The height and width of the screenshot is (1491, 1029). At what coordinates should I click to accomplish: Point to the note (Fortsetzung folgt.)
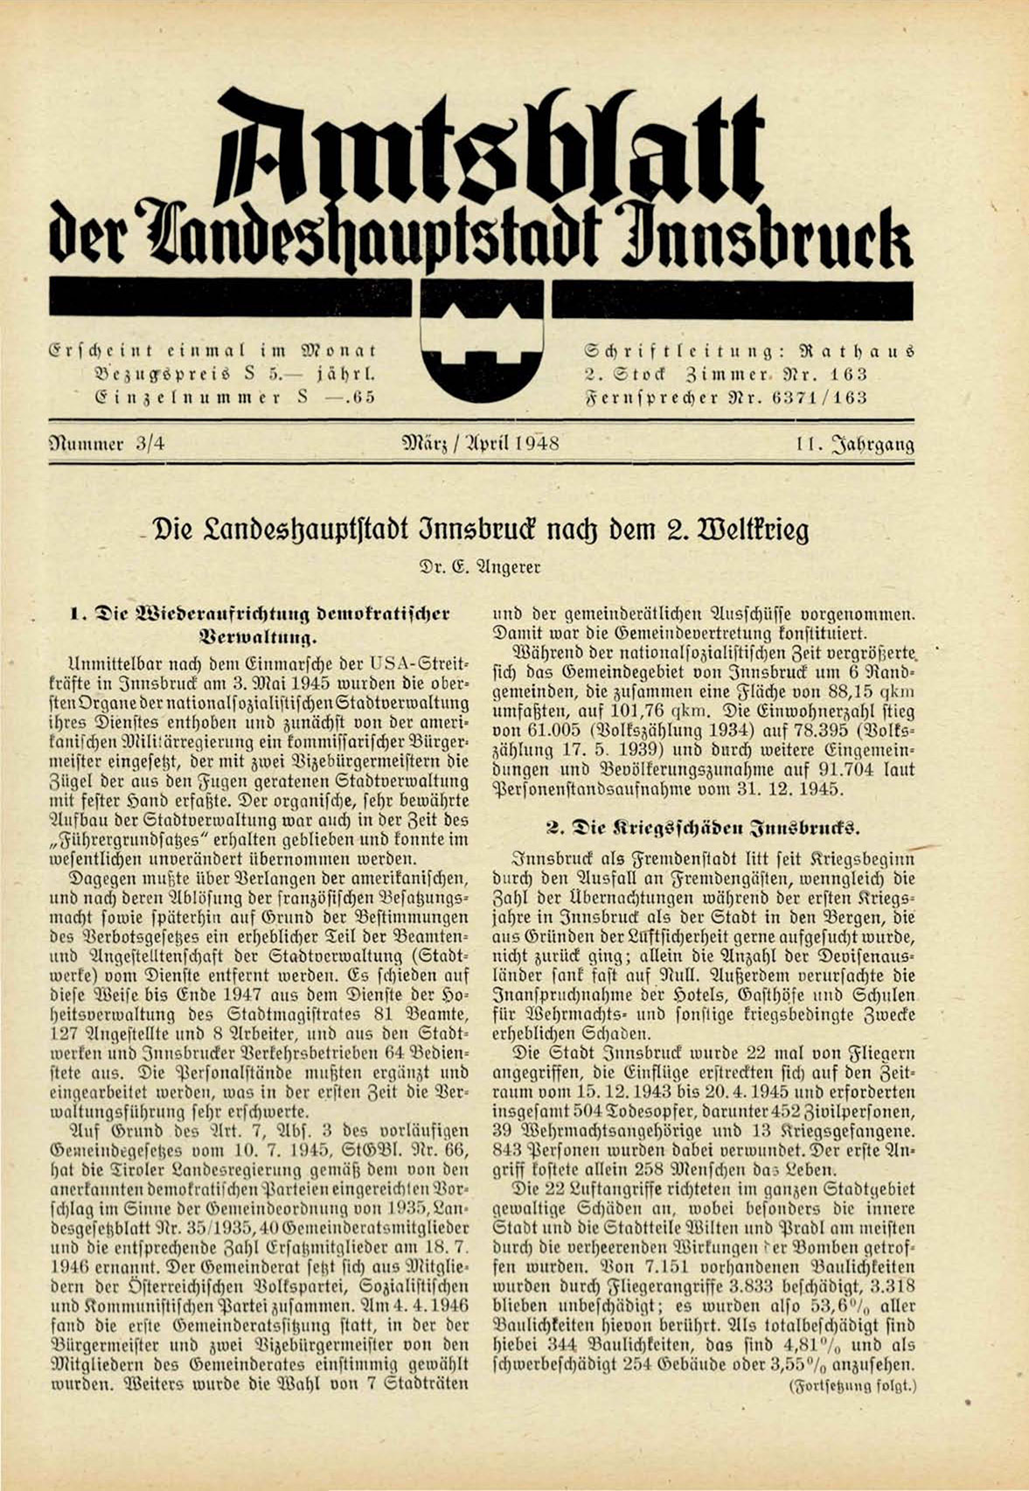click(x=852, y=1385)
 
